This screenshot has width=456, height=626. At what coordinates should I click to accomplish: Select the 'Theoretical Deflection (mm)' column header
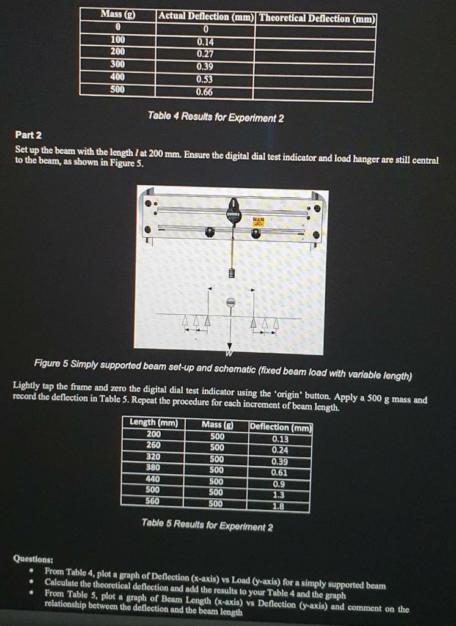pyautogui.click(x=316, y=18)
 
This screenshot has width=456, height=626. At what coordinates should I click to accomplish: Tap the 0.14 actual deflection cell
pyautogui.click(x=206, y=42)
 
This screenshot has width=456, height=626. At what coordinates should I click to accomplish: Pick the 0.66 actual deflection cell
pyautogui.click(x=206, y=92)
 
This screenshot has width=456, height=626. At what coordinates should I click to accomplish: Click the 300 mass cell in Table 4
pyautogui.click(x=117, y=65)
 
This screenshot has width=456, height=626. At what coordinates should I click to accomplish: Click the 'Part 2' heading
pyautogui.click(x=29, y=134)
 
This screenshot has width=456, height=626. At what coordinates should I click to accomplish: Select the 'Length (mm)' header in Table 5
pyautogui.click(x=153, y=422)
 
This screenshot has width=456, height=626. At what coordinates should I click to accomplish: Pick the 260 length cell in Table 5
pyautogui.click(x=153, y=446)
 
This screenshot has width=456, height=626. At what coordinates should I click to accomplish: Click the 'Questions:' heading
pyautogui.click(x=33, y=558)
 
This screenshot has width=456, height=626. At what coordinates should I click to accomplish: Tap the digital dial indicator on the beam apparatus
pyautogui.click(x=233, y=212)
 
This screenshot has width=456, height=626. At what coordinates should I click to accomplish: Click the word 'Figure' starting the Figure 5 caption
pyautogui.click(x=48, y=366)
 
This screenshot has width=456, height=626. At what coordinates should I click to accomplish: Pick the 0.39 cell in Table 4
pyautogui.click(x=206, y=67)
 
